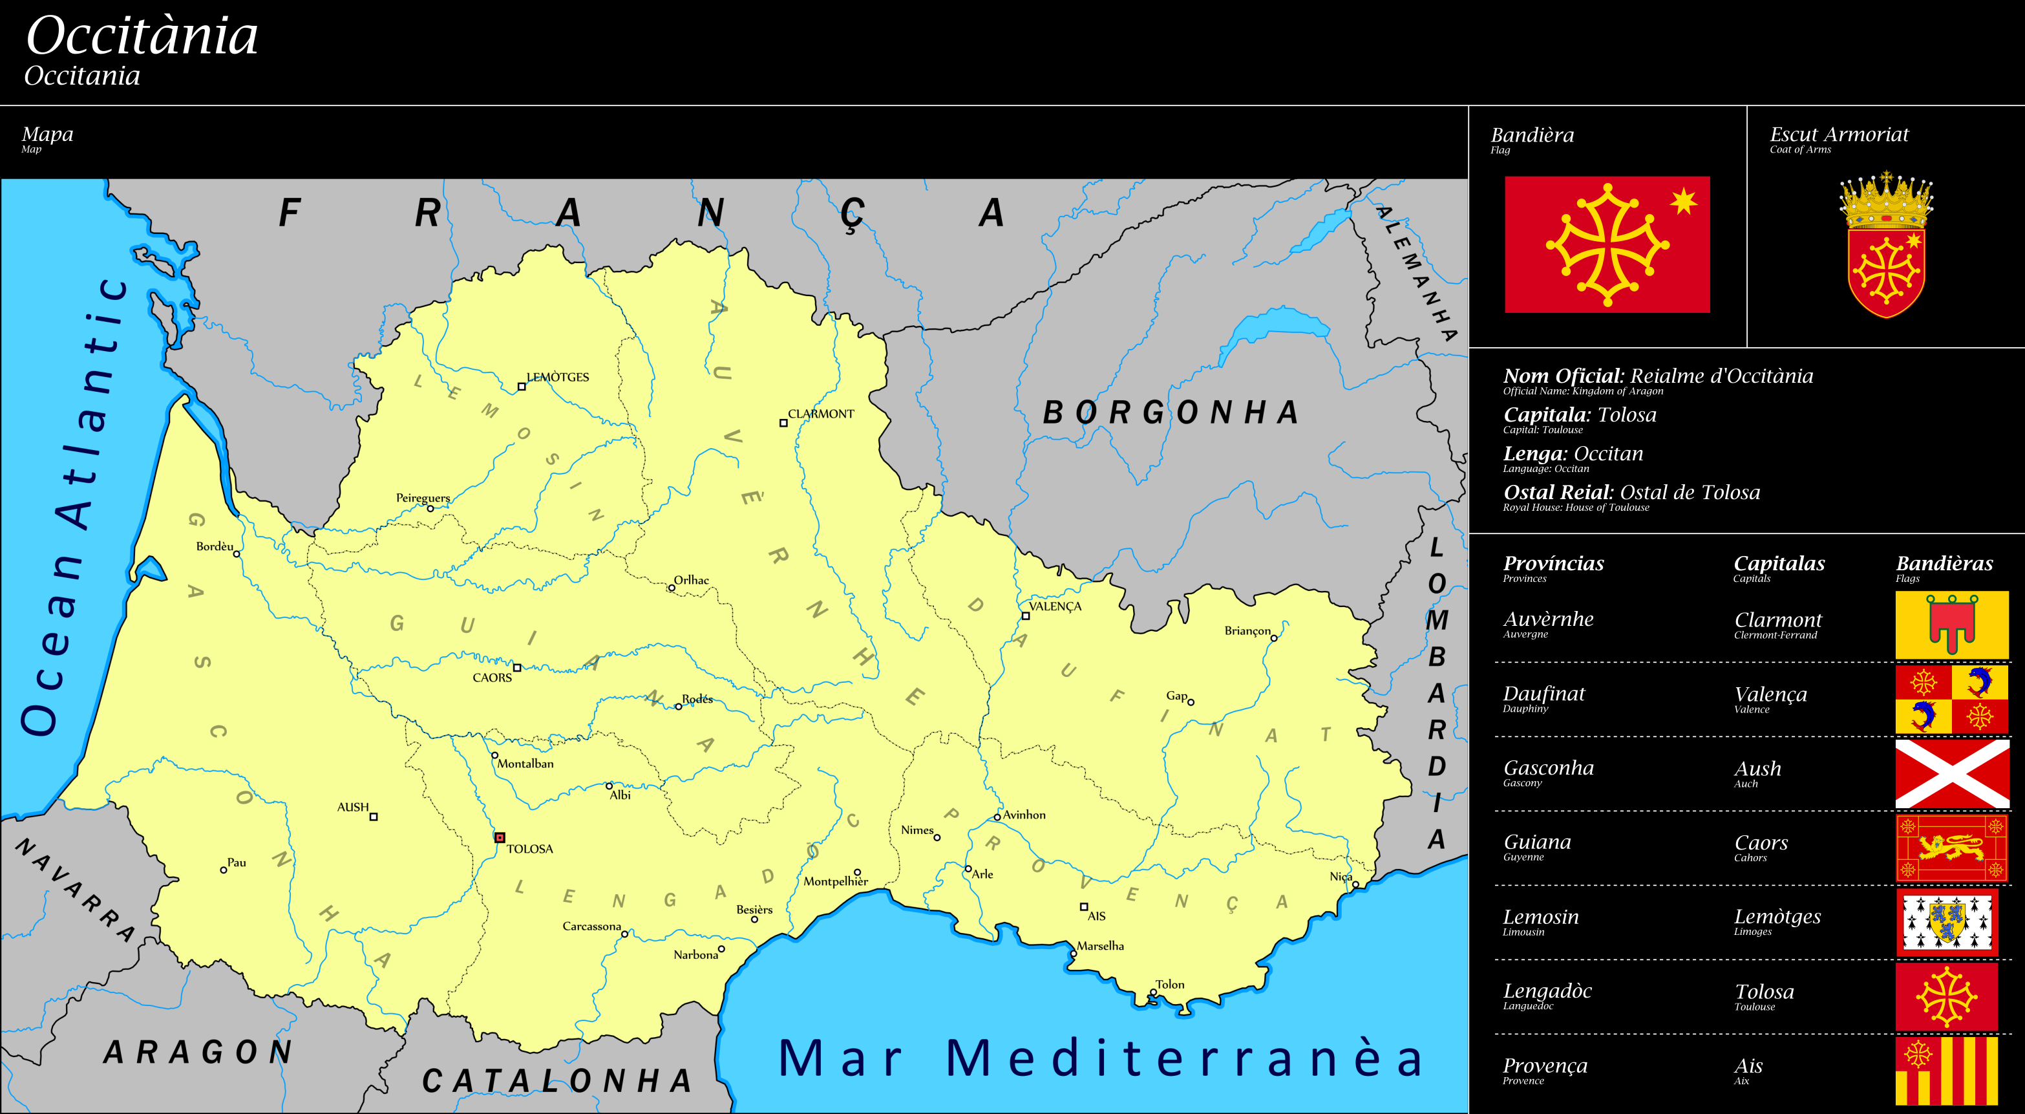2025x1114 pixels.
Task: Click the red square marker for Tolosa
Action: point(499,837)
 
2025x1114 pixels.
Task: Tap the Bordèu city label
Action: point(215,546)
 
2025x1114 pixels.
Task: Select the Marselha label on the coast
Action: point(1100,946)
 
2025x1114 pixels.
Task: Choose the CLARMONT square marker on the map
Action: point(783,423)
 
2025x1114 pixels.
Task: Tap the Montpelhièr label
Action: point(835,881)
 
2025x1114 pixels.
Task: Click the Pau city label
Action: point(237,862)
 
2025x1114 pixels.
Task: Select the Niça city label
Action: point(1341,877)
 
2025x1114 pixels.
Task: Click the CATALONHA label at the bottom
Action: point(557,1081)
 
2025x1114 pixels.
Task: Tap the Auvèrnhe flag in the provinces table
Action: point(1951,625)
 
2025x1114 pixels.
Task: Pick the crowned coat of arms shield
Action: point(1885,245)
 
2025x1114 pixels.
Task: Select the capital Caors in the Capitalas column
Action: point(1761,842)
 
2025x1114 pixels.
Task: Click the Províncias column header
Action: point(1553,564)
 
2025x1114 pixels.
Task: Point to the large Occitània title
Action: point(142,36)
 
